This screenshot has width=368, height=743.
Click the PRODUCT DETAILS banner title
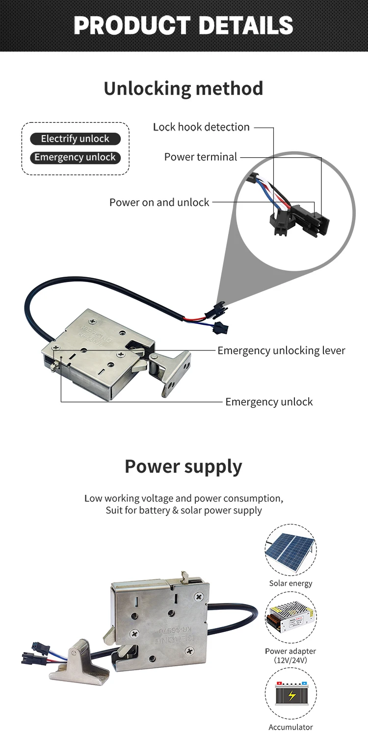coord(184,26)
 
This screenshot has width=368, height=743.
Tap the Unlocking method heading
coord(184,88)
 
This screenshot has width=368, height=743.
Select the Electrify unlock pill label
coord(75,139)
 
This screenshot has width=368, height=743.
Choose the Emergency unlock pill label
coord(75,157)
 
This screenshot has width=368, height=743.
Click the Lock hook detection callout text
coord(201,127)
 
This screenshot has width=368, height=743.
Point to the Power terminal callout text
coord(200,157)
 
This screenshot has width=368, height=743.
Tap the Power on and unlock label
coord(159,202)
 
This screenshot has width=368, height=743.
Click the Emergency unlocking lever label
coord(281,350)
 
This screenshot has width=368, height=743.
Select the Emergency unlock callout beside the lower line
coord(269,401)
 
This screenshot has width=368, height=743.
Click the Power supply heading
coord(184,466)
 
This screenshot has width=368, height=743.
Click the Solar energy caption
coord(290,583)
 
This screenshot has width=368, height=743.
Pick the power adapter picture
coord(290,617)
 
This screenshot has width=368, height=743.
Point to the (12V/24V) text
coord(290,660)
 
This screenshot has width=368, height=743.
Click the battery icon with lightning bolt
coord(290,695)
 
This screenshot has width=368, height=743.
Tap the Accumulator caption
coord(290,727)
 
